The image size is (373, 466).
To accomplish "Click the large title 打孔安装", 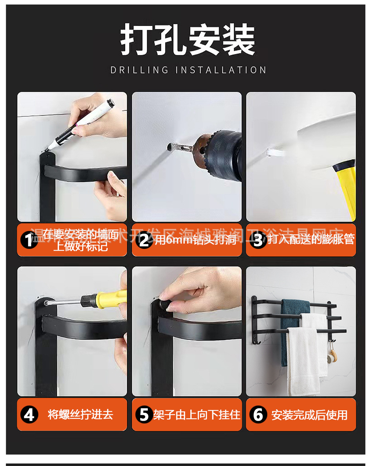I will click(x=188, y=40).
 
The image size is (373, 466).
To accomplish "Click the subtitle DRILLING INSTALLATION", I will click(x=188, y=70).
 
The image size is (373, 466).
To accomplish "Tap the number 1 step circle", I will click(x=29, y=240).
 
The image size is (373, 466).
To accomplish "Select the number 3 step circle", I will click(x=258, y=240).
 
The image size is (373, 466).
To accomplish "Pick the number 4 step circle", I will click(x=29, y=415).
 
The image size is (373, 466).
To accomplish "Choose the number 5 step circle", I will click(x=144, y=415).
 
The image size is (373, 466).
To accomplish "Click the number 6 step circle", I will click(x=258, y=415).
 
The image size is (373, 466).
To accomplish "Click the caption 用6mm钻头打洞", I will click(x=195, y=240).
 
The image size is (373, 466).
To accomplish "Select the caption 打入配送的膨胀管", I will click(x=311, y=239).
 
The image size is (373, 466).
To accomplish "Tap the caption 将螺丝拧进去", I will click(x=80, y=414).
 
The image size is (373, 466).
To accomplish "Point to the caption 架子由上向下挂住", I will click(x=197, y=414).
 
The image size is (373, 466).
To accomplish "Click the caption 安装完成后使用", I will click(x=309, y=415).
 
